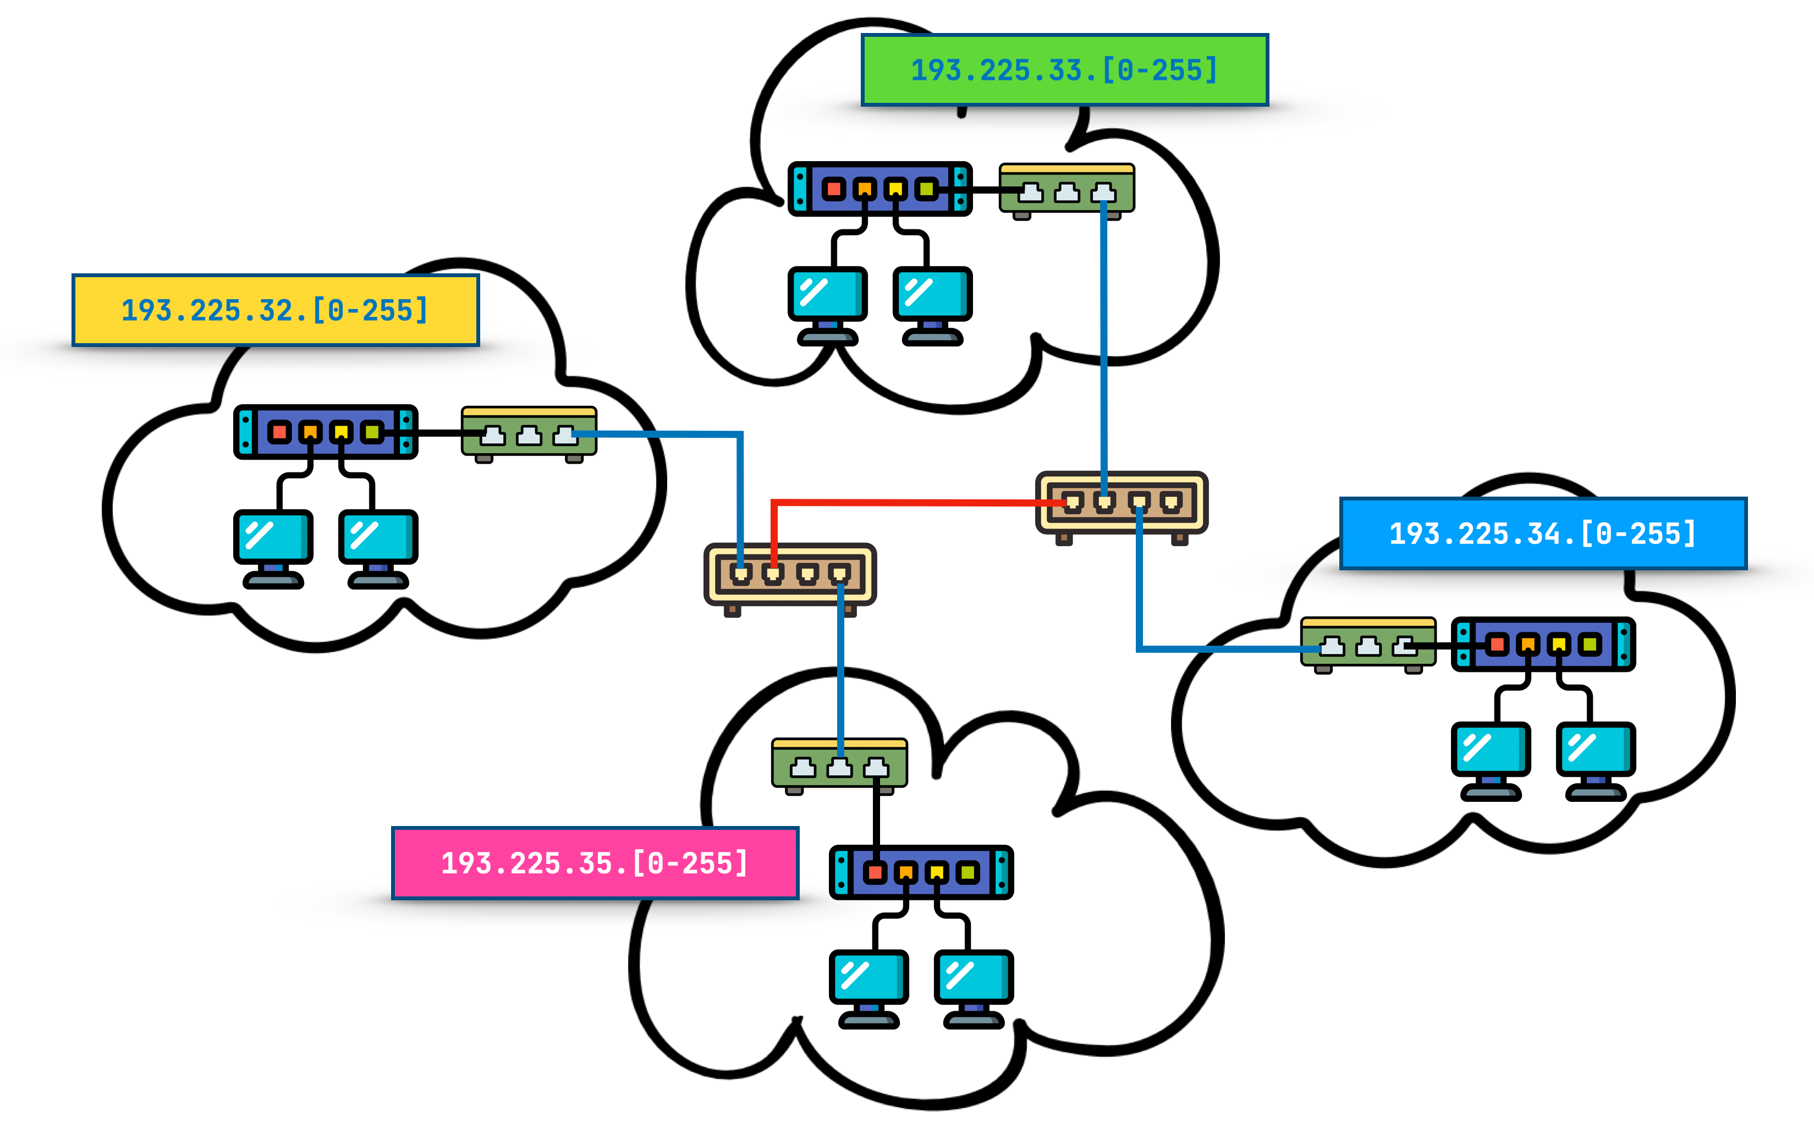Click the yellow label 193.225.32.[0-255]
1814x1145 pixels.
[275, 310]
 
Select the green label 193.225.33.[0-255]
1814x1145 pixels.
[1064, 70]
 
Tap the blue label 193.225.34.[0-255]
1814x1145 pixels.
[1542, 533]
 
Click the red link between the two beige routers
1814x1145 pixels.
[904, 502]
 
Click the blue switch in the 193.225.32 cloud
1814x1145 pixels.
[326, 432]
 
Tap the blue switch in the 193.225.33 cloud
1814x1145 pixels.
[880, 188]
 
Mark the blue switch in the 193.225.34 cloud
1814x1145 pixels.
[1543, 644]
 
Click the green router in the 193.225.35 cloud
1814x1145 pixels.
[839, 764]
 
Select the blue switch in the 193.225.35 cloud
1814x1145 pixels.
[921, 872]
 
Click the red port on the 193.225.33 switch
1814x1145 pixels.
[833, 188]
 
